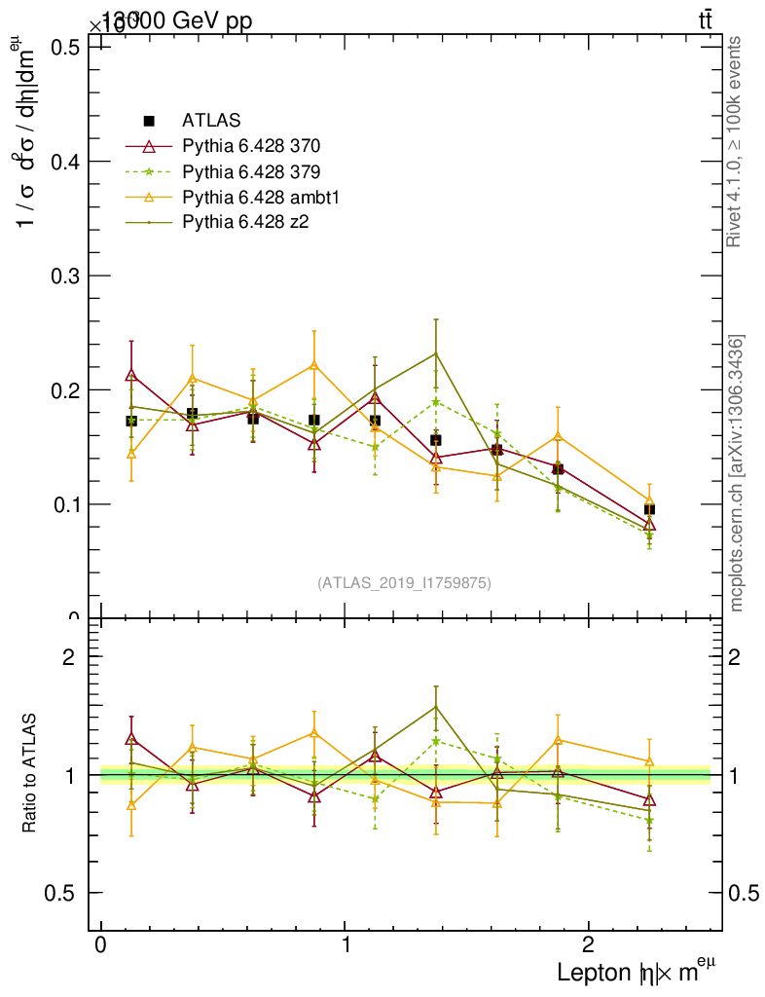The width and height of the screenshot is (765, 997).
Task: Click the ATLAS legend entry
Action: (x=208, y=122)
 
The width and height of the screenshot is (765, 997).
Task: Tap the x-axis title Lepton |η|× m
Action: (x=629, y=972)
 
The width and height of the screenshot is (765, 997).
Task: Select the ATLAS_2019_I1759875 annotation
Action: (x=404, y=582)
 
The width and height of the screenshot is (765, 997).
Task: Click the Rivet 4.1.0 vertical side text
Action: (x=736, y=141)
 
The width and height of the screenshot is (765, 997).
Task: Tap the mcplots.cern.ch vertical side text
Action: (x=737, y=473)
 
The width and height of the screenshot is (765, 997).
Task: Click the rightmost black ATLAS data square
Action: (x=649, y=509)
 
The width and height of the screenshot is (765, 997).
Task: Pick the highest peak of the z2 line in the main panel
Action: (x=436, y=352)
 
